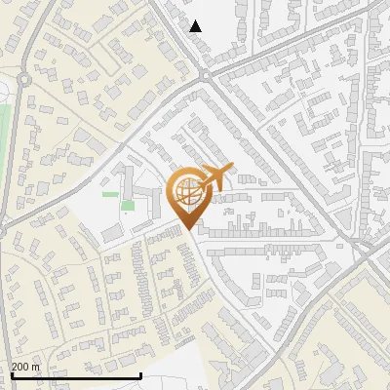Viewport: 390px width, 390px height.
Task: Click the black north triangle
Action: pos(196,26)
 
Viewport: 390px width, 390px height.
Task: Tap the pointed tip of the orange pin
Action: pos(187,229)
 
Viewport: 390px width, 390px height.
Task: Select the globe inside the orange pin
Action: pos(187,191)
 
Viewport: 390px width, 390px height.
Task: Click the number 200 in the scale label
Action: pos(20,367)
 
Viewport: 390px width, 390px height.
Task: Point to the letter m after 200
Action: pos(36,367)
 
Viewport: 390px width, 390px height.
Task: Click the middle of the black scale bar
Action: pos(75,375)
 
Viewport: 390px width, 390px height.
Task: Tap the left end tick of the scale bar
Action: pos(10,374)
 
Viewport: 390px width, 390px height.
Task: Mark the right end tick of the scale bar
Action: pos(141,374)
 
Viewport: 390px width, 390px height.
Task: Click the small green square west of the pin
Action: pos(128,205)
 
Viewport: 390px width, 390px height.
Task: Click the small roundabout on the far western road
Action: pos(22,78)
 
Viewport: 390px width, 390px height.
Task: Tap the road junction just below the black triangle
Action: pos(204,73)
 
